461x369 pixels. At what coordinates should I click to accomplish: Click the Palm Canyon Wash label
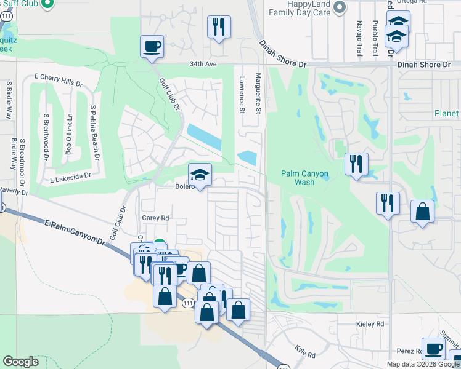pos(304,178)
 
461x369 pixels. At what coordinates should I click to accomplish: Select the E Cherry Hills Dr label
pos(59,80)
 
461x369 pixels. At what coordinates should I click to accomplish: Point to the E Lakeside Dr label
pos(70,176)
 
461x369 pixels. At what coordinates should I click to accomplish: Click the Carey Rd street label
pos(155,218)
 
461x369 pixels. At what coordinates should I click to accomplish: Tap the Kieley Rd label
pos(370,323)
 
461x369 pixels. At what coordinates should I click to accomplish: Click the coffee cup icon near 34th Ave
pos(152,46)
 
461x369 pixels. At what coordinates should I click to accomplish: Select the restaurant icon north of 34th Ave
pos(219,27)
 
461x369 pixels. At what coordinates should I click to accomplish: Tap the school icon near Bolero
pos(200,175)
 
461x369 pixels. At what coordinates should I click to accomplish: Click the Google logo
pos(20,362)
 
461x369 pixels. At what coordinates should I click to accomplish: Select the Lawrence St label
pos(242,95)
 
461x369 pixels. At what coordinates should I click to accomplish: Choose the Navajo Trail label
pos(359,38)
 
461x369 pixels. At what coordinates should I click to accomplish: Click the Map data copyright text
pos(423,364)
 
